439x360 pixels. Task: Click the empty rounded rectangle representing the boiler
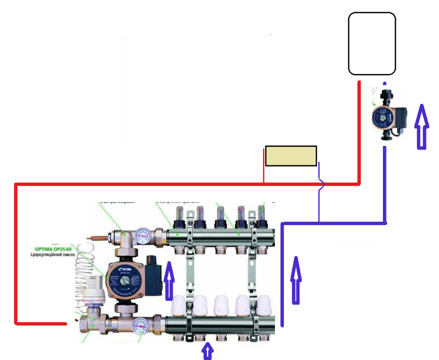click(x=372, y=43)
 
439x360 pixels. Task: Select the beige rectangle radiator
click(x=291, y=156)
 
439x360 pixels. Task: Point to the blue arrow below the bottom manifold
click(x=207, y=351)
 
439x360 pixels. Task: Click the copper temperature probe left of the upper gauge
click(x=98, y=236)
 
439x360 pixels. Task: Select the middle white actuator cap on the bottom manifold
click(x=221, y=303)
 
